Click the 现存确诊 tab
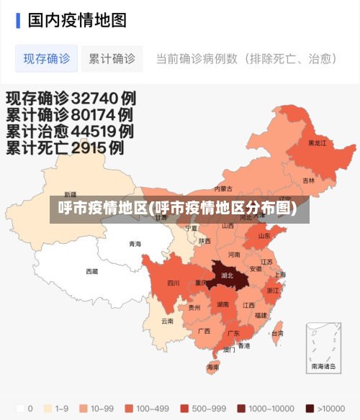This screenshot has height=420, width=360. pos(46,59)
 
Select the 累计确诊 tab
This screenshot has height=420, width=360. pos(112,59)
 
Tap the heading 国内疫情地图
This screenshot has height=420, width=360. pos(77,19)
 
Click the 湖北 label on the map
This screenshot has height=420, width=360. pos(227,275)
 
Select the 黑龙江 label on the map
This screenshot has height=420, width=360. pos(317,143)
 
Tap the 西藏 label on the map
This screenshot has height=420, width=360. pos(92,271)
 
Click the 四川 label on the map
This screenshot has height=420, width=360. pos(174,283)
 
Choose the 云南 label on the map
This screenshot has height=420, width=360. pos(167,321)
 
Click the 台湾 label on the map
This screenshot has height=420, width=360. pos(277,333)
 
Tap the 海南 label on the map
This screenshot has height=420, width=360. pos(212,367)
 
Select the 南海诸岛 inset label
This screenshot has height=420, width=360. pos(323,366)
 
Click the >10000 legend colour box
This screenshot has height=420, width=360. pos(310,408)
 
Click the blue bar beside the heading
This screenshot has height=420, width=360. pos(18,19)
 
